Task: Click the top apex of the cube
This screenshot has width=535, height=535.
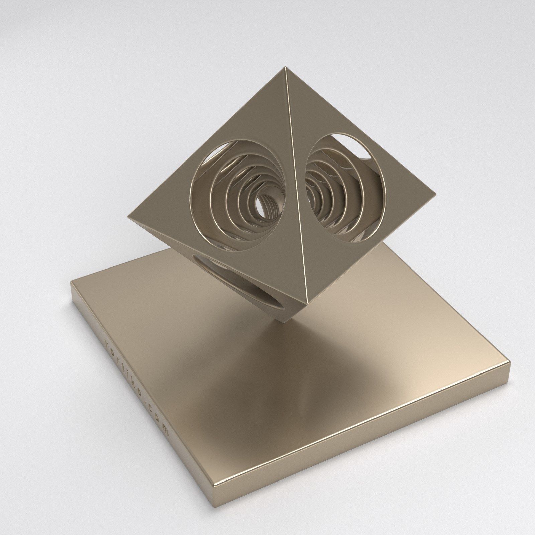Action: [285, 68]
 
